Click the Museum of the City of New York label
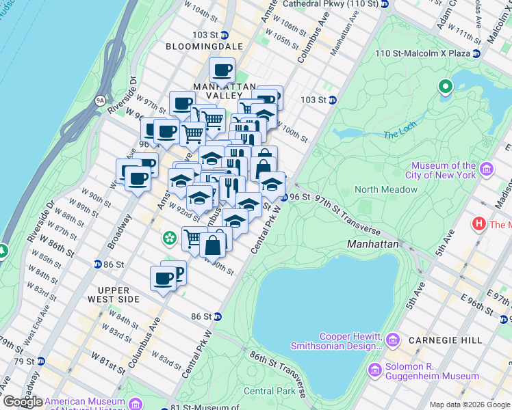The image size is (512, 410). click(443, 170)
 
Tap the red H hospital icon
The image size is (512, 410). click(479, 224)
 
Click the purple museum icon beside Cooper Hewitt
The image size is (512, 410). click(393, 340)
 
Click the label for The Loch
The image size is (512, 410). click(396, 135)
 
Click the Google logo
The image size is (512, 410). click(23, 402)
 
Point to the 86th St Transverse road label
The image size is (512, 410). click(281, 369)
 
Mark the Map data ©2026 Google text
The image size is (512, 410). click(470, 404)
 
